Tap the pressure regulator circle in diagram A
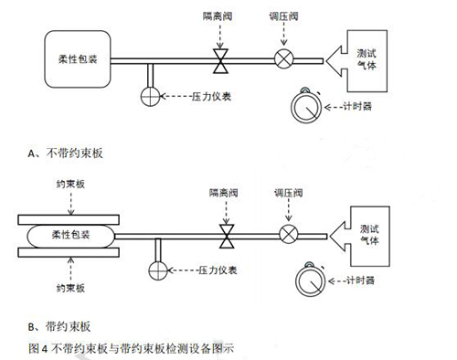283,61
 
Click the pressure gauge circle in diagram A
150,94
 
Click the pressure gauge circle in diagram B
157,270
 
